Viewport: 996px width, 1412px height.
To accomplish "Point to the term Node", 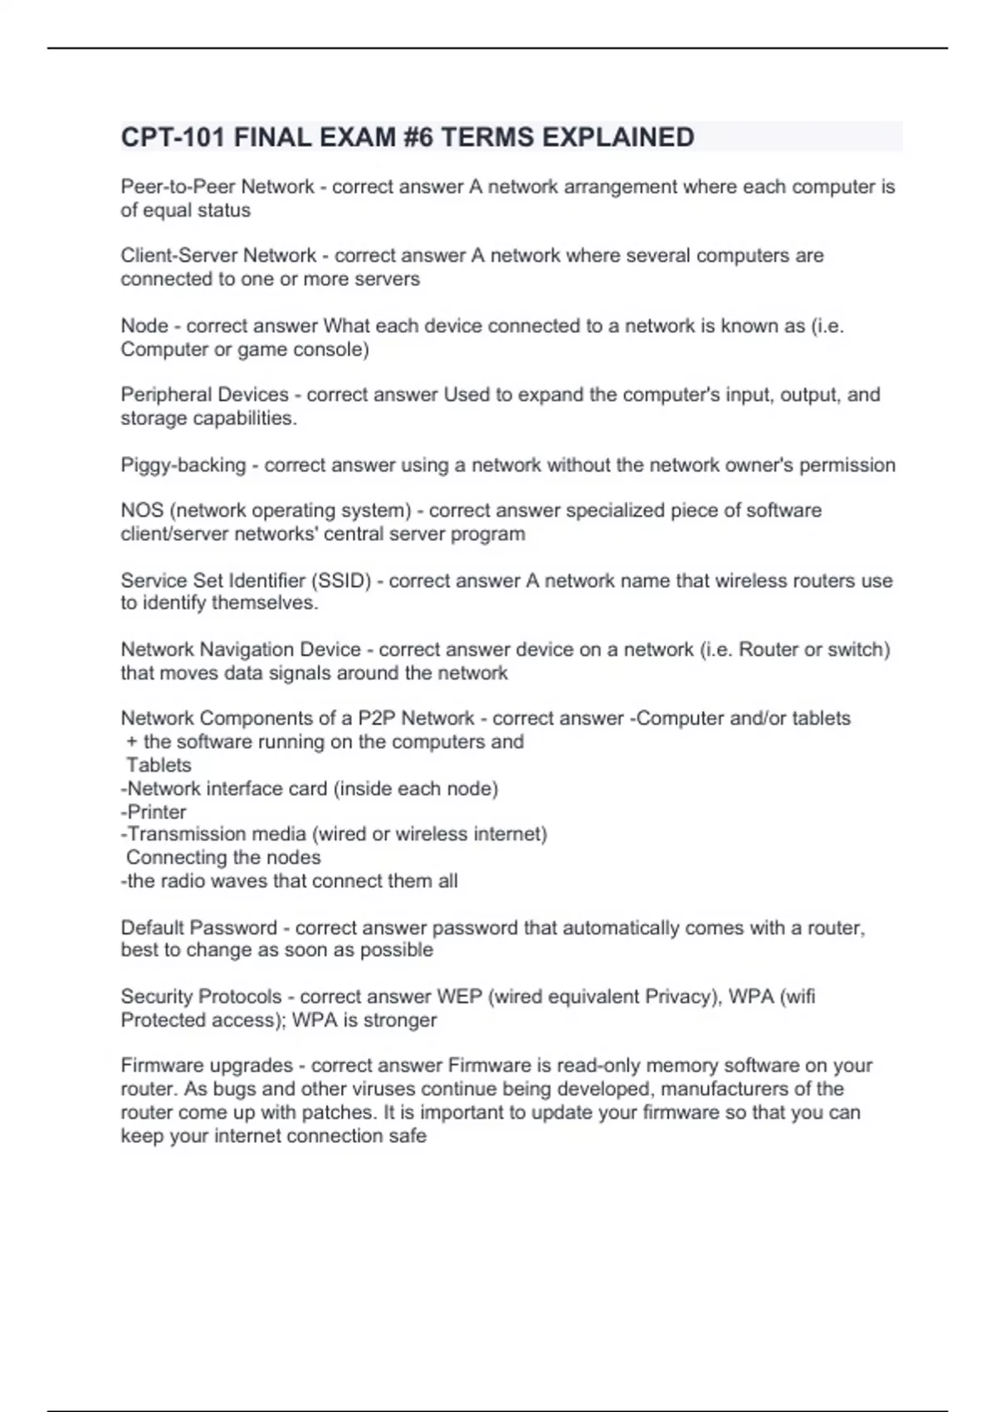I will tap(144, 326).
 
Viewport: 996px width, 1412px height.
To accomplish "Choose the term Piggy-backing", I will tap(183, 465).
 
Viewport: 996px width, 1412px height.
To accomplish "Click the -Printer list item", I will tap(154, 811).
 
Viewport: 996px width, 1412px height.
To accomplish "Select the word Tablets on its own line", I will tap(159, 765).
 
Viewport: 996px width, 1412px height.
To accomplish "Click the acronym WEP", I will tap(459, 997).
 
